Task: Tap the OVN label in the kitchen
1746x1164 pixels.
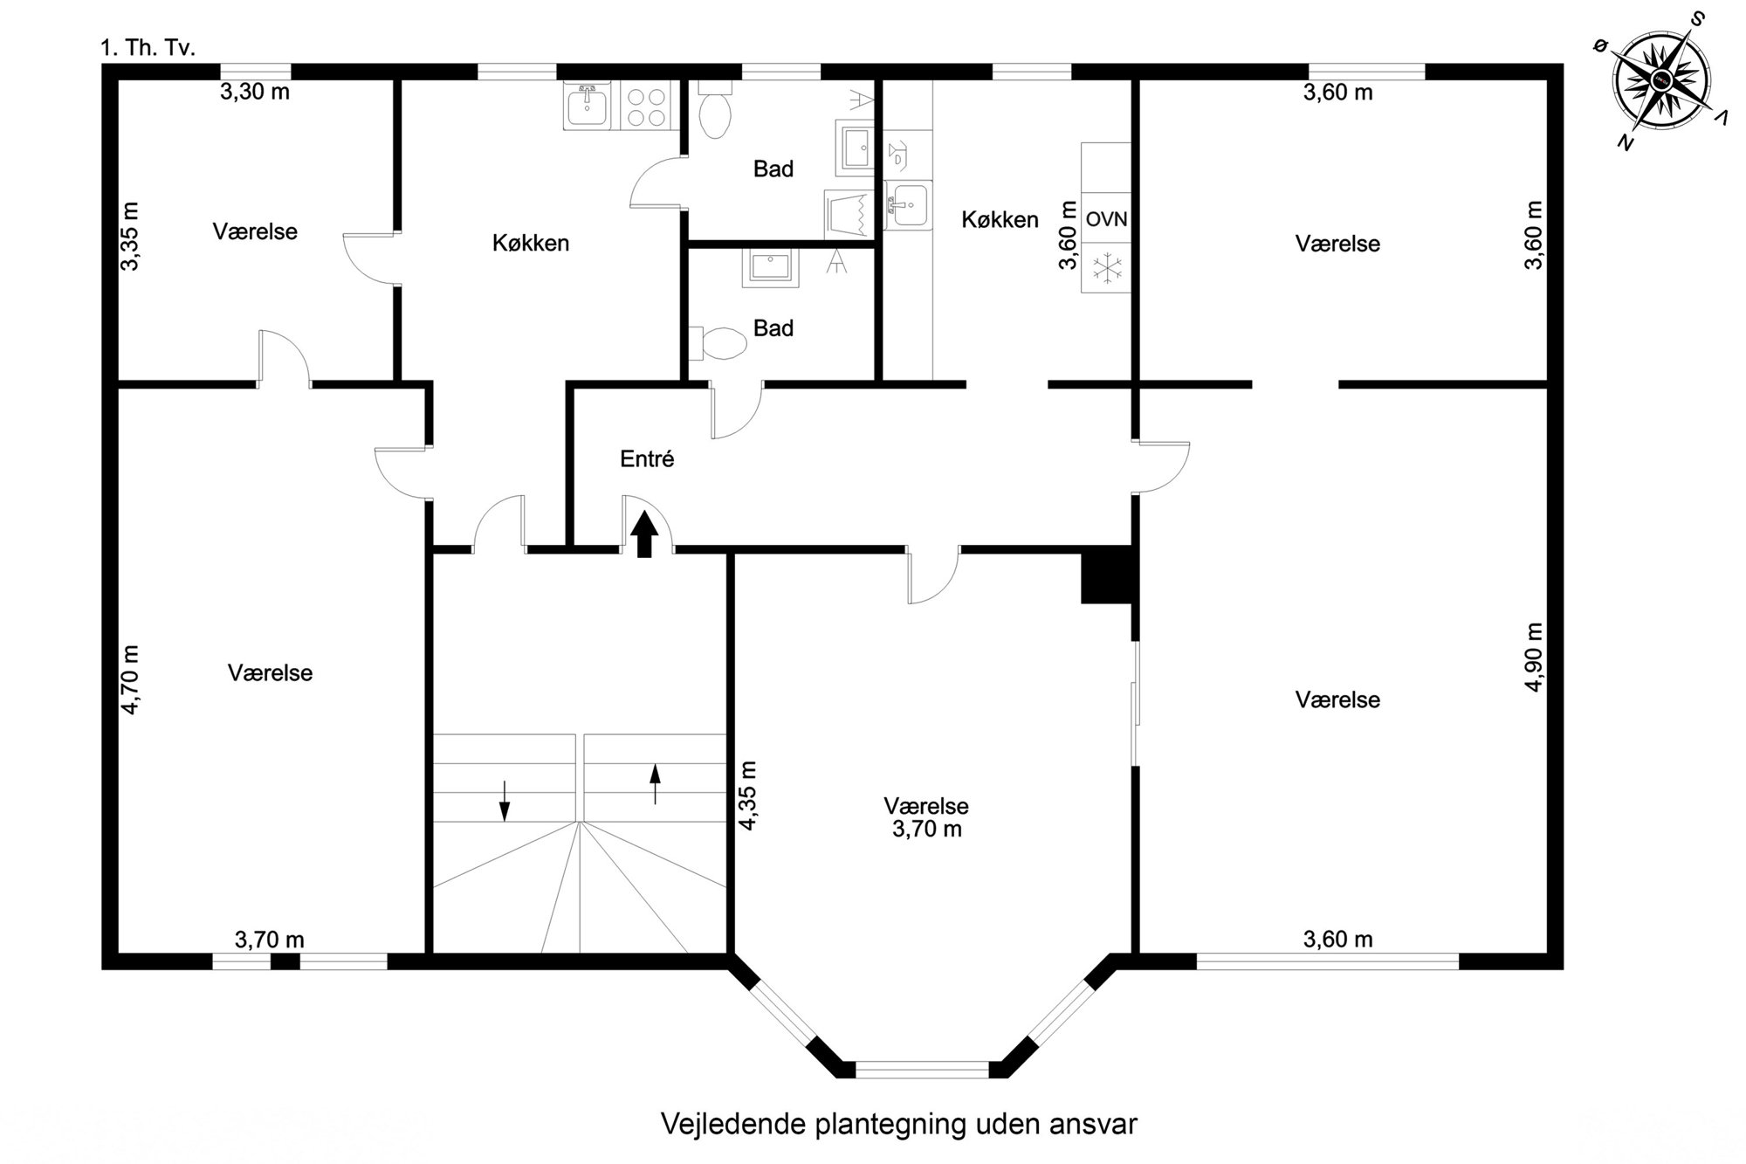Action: coord(1106,218)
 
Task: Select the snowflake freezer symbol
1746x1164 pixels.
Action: coord(1106,267)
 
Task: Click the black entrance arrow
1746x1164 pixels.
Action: coord(644,534)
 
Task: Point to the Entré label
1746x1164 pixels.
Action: coord(647,458)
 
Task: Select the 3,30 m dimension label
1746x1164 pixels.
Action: coord(254,91)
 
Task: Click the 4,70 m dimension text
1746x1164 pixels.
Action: coord(129,679)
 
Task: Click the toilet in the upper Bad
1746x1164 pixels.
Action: coord(716,111)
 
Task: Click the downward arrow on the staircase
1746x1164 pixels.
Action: coord(504,800)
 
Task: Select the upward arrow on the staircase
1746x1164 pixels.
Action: coord(655,784)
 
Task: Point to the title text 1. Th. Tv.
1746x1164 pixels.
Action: coord(148,47)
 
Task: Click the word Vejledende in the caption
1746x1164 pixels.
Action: coord(734,1124)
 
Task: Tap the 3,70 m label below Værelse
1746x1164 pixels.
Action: coord(926,829)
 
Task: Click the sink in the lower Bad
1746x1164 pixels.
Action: coord(770,268)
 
